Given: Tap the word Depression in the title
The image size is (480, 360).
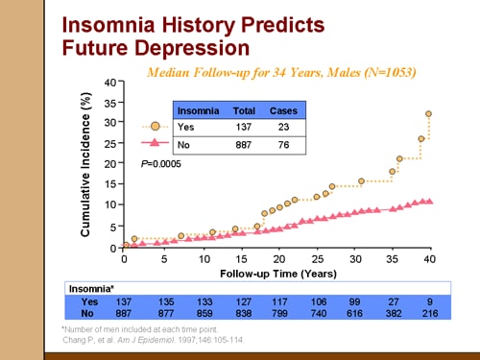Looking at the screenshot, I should tap(195, 47).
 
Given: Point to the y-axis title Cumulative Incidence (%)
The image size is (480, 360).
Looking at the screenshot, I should tap(85, 165).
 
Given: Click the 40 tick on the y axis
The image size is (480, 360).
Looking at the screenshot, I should tap(109, 82).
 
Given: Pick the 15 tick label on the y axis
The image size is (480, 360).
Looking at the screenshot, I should tap(109, 184).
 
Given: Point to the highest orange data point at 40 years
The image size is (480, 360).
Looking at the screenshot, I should tap(428, 114).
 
